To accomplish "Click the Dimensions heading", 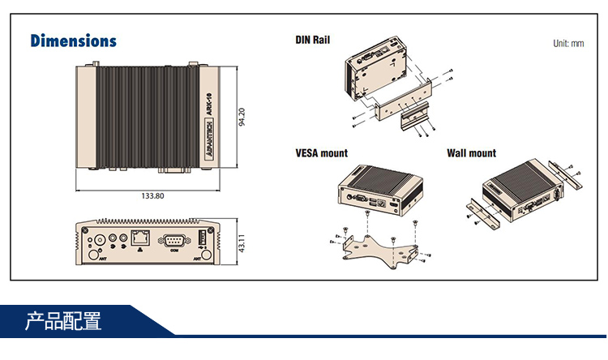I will click(x=73, y=41).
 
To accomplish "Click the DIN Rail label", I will click(x=313, y=39).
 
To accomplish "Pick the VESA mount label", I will click(x=322, y=152).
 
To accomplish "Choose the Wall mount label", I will click(x=471, y=152).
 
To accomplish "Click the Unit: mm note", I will click(x=567, y=44).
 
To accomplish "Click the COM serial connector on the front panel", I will click(x=173, y=239).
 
